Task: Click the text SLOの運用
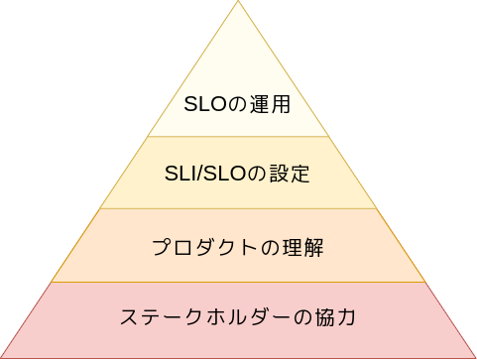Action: pyautogui.click(x=237, y=104)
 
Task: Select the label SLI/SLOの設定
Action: pyautogui.click(x=237, y=174)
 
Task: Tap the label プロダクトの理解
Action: pyautogui.click(x=238, y=247)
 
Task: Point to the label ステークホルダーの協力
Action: pyautogui.click(x=238, y=317)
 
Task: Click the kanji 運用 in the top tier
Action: pyautogui.click(x=270, y=104)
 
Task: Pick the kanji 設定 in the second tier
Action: pyautogui.click(x=290, y=174)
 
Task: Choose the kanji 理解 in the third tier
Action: pyautogui.click(x=302, y=247)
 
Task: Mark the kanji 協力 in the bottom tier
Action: pyautogui.click(x=335, y=317)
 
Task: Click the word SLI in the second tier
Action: pyautogui.click(x=180, y=174)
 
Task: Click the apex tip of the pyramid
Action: pyautogui.click(x=238, y=1)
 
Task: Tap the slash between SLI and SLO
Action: pyautogui.click(x=199, y=174)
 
